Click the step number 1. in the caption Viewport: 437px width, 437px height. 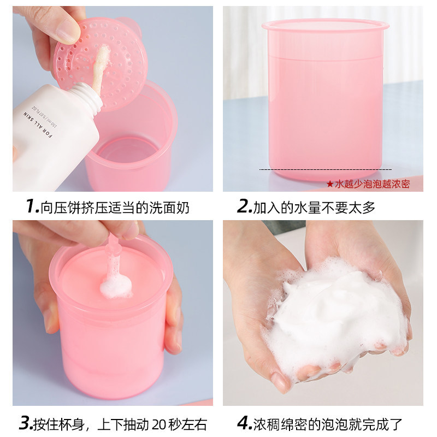[x=32, y=207]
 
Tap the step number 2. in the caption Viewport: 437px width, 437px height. [x=244, y=207]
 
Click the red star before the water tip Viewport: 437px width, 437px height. [x=329, y=185]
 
